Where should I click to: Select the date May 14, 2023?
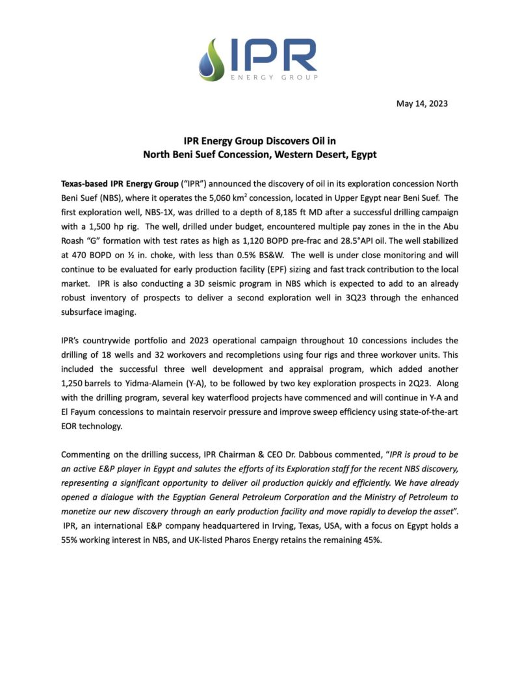coord(422,103)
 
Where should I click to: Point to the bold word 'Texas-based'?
coord(86,183)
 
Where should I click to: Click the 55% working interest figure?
coord(70,539)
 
